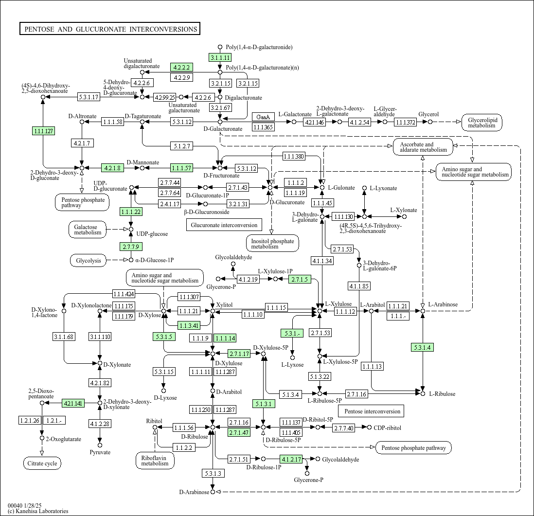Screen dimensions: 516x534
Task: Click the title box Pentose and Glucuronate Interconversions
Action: [110, 29]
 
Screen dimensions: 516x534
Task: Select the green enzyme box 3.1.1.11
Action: [220, 57]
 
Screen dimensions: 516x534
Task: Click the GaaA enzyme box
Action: [263, 117]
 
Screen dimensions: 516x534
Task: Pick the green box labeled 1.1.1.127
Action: [43, 131]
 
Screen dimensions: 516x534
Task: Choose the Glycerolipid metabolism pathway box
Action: [481, 122]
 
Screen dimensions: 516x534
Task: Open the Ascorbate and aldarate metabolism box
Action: [423, 147]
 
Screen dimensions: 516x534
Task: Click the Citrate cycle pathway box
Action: [42, 463]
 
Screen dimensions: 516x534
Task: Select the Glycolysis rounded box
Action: [88, 261]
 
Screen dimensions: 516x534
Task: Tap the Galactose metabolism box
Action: [88, 230]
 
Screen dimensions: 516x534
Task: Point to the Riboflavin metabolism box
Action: [155, 460]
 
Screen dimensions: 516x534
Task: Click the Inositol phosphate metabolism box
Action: [272, 243]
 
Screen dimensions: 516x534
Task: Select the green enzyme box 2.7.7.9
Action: [131, 247]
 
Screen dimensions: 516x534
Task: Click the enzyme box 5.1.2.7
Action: [182, 146]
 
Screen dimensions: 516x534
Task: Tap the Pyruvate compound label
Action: [100, 452]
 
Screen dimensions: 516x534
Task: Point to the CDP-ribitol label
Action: [388, 428]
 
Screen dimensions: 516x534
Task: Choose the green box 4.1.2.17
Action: [291, 459]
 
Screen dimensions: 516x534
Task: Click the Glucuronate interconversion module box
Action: [224, 225]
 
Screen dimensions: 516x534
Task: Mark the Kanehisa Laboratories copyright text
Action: [38, 511]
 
